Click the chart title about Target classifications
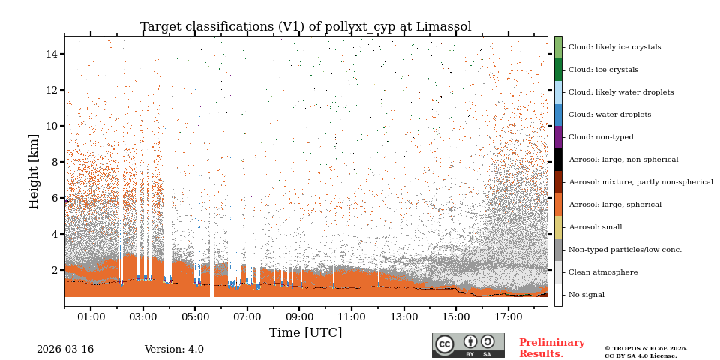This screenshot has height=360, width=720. tap(305, 27)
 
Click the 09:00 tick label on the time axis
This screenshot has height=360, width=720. tap(299, 317)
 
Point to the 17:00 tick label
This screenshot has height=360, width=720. tap(508, 317)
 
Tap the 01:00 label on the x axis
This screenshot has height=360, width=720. tap(91, 317)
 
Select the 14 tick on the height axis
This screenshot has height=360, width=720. tap(52, 54)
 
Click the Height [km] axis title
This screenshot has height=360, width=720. tap(34, 171)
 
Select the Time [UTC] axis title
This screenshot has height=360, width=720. tap(305, 333)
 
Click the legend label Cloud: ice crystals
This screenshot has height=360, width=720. tap(603, 70)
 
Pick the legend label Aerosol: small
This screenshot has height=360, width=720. tap(595, 227)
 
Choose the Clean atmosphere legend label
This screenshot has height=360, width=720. tap(603, 272)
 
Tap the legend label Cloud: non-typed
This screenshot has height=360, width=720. tap(601, 137)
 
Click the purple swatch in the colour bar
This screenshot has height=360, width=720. tap(558, 137)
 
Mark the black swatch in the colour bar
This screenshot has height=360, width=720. tap(558, 160)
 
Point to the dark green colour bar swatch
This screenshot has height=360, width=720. tap(558, 70)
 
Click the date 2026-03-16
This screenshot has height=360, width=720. tap(65, 349)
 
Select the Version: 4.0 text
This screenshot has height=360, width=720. tap(174, 349)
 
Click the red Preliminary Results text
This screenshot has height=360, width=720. tap(551, 348)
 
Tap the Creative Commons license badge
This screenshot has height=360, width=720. tap(468, 345)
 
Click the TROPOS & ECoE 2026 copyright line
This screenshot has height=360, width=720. tap(646, 349)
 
